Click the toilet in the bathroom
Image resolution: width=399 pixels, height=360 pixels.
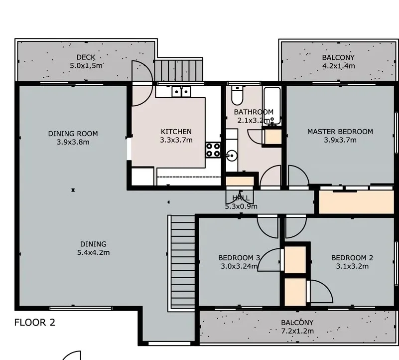tap(238, 95)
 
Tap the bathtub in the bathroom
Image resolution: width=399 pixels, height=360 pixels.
tap(272, 105)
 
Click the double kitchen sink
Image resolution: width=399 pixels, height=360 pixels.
tap(181, 92)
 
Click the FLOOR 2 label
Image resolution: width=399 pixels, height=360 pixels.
tap(34, 323)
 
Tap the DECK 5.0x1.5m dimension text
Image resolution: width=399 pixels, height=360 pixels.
tap(86, 66)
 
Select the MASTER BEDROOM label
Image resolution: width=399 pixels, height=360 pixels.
tap(340, 132)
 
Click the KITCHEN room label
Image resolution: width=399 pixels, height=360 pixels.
tap(176, 132)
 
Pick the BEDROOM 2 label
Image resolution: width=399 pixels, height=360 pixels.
tap(352, 258)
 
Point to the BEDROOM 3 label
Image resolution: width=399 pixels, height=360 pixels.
tap(239, 258)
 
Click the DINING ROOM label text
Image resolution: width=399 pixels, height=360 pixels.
tap(73, 134)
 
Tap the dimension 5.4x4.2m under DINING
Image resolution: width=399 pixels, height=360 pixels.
tap(93, 252)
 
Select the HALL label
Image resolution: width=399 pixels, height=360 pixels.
tap(241, 198)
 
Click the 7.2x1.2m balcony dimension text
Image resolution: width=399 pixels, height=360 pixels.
tap(297, 331)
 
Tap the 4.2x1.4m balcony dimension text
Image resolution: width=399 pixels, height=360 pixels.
tap(339, 66)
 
